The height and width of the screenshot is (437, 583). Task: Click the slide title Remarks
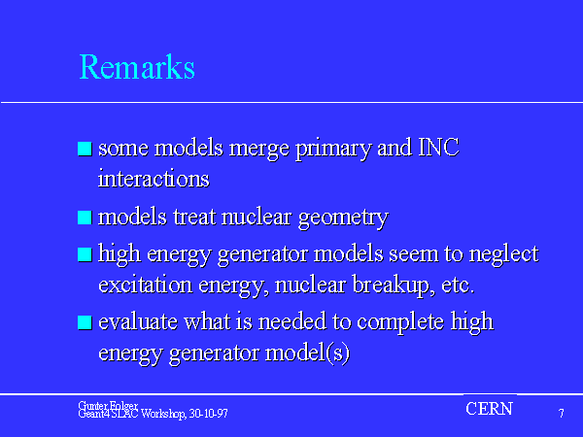pos(137,67)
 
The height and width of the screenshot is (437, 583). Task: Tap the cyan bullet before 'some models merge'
pos(85,149)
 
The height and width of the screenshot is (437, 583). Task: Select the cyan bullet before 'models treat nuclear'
pos(85,218)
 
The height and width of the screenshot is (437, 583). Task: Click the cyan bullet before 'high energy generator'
pos(85,254)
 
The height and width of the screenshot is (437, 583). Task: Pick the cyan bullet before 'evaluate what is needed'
pos(85,322)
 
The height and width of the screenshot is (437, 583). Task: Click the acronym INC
pos(439,148)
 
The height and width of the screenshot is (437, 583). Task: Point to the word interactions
pos(154,179)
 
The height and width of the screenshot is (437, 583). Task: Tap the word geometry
pos(343,218)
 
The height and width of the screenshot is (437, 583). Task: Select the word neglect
pos(503,254)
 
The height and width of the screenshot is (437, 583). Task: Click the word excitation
pos(146,285)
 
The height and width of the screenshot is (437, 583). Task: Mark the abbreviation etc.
pos(458,286)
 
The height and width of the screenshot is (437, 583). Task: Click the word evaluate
pos(138,321)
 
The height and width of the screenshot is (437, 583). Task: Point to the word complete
pos(400,322)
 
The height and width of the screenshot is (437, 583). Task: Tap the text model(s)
pos(307,353)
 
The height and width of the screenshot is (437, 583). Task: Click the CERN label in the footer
pos(490,409)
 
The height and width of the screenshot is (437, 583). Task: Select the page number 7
pos(561,414)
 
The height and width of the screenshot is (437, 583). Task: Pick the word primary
pos(333,149)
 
